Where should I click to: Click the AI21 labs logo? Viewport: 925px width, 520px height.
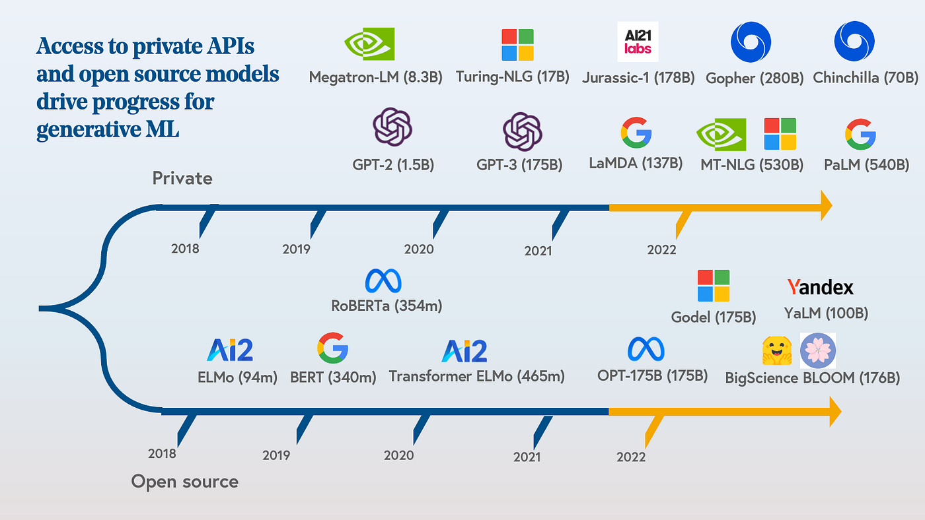[x=638, y=42]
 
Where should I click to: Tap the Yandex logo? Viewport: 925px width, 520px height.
[x=820, y=287]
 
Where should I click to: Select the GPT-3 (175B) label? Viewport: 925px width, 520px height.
[x=519, y=164]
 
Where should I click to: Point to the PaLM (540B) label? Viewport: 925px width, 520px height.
[x=866, y=164]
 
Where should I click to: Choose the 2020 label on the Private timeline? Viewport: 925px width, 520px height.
[x=419, y=249]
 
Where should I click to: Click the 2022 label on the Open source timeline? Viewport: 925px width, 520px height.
[x=631, y=457]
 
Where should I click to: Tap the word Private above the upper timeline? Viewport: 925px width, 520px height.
[x=182, y=178]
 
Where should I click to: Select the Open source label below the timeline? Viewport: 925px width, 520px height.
[x=184, y=482]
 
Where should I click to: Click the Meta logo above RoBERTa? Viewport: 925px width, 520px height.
[x=383, y=282]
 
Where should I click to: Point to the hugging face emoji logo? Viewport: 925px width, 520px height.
[x=777, y=350]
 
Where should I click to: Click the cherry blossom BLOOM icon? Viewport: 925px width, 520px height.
[x=818, y=350]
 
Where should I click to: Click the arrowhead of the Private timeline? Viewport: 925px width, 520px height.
[x=825, y=206]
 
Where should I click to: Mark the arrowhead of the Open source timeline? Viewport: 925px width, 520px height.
[x=834, y=411]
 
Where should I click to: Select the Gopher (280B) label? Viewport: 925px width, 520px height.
[x=755, y=78]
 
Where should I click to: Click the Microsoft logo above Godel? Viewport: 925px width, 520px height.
[x=714, y=286]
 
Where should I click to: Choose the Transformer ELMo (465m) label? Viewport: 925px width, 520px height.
[x=476, y=377]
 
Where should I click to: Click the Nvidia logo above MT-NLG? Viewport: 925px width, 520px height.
[x=721, y=134]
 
